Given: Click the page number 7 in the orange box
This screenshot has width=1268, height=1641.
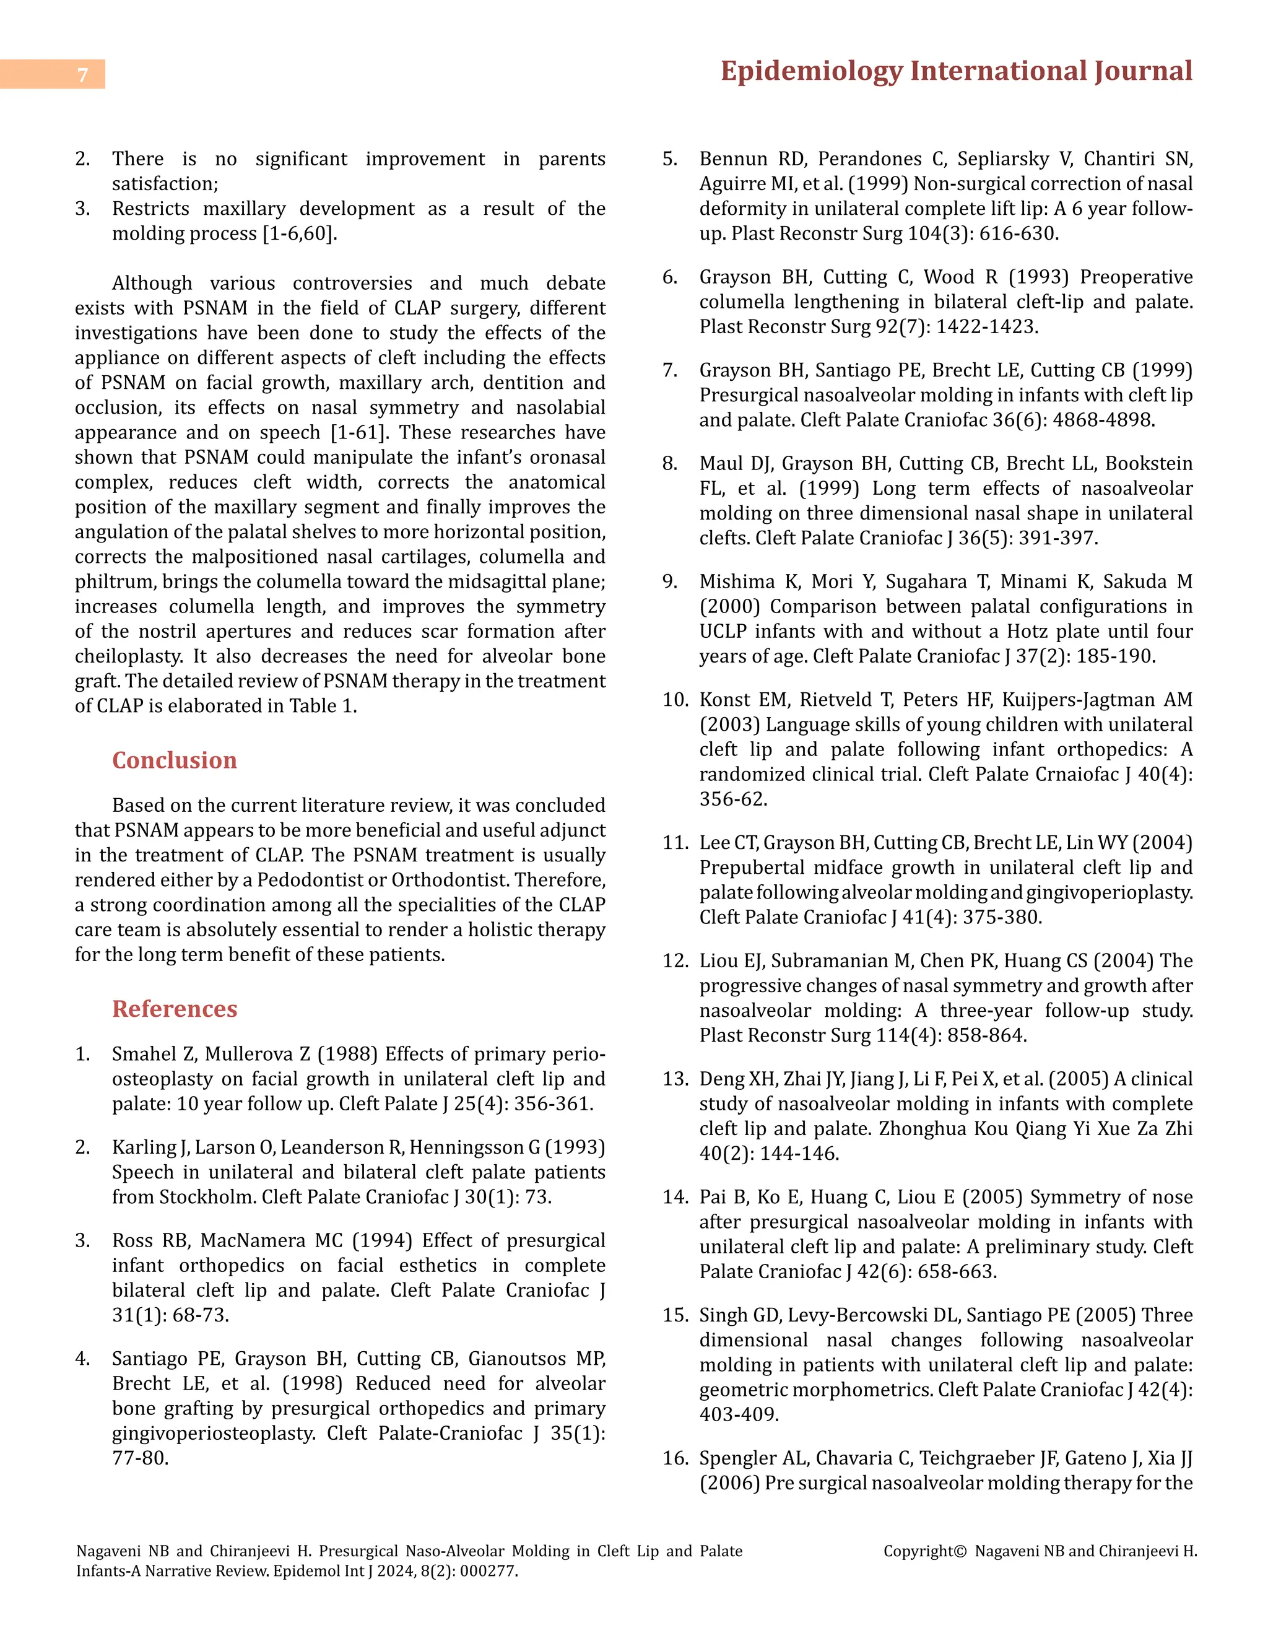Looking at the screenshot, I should coord(82,74).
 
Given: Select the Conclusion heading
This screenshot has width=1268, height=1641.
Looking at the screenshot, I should coord(174,760).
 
